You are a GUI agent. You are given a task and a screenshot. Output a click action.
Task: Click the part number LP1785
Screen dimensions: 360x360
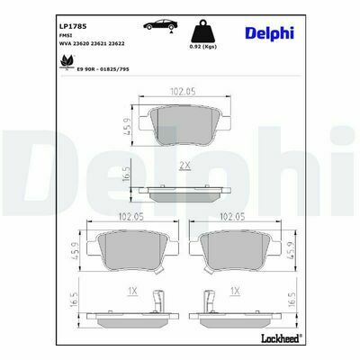pyautogui.click(x=73, y=26)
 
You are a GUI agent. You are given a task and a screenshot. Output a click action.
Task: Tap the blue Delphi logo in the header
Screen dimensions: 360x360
pyautogui.click(x=269, y=33)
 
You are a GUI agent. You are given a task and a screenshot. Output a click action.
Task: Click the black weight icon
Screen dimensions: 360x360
pyautogui.click(x=203, y=31)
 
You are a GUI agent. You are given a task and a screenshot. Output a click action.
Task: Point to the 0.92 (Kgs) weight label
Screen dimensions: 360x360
pyautogui.click(x=203, y=47)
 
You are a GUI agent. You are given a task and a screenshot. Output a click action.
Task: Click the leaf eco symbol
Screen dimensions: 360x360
pyautogui.click(x=67, y=62)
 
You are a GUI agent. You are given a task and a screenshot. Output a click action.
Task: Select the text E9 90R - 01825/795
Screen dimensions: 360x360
pyautogui.click(x=103, y=69)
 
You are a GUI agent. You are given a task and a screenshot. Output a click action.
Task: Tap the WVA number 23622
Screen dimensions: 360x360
pyautogui.click(x=117, y=43)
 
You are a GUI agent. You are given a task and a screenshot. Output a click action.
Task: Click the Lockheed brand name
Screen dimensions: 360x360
pyautogui.click(x=281, y=338)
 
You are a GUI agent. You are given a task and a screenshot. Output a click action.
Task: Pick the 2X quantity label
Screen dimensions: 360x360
pyautogui.click(x=184, y=166)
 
